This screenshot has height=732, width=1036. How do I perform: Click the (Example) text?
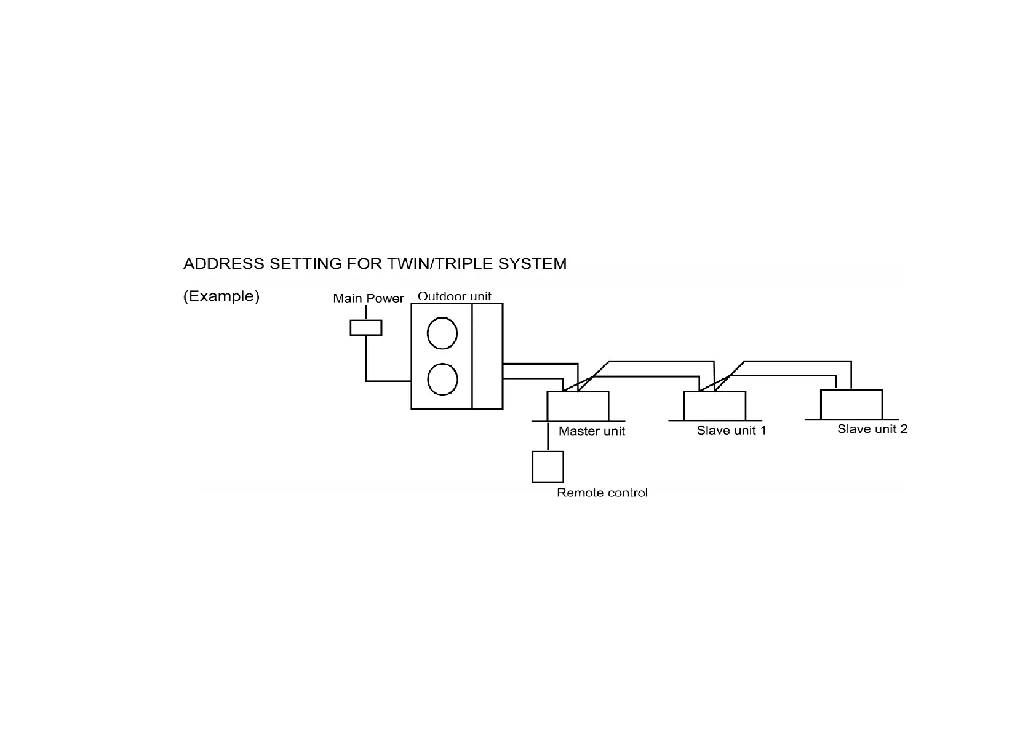point(221,296)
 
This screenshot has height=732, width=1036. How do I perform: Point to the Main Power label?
point(368,298)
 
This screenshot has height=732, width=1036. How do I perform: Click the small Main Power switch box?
point(365,327)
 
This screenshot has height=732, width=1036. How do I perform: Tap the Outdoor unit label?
point(455,296)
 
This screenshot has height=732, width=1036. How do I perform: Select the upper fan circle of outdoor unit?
point(442,333)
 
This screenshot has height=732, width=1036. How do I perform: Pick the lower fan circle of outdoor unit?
point(442,380)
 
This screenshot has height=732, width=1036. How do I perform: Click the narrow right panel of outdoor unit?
point(487,356)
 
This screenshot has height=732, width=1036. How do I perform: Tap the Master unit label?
point(591,431)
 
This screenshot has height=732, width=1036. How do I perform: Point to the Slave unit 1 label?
point(731,431)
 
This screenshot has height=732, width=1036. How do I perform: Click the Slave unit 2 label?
point(872,429)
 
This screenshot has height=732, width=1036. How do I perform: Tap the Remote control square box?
point(548,467)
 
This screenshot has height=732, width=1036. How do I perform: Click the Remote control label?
point(602,493)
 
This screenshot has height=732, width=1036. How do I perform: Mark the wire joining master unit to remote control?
point(548,436)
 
